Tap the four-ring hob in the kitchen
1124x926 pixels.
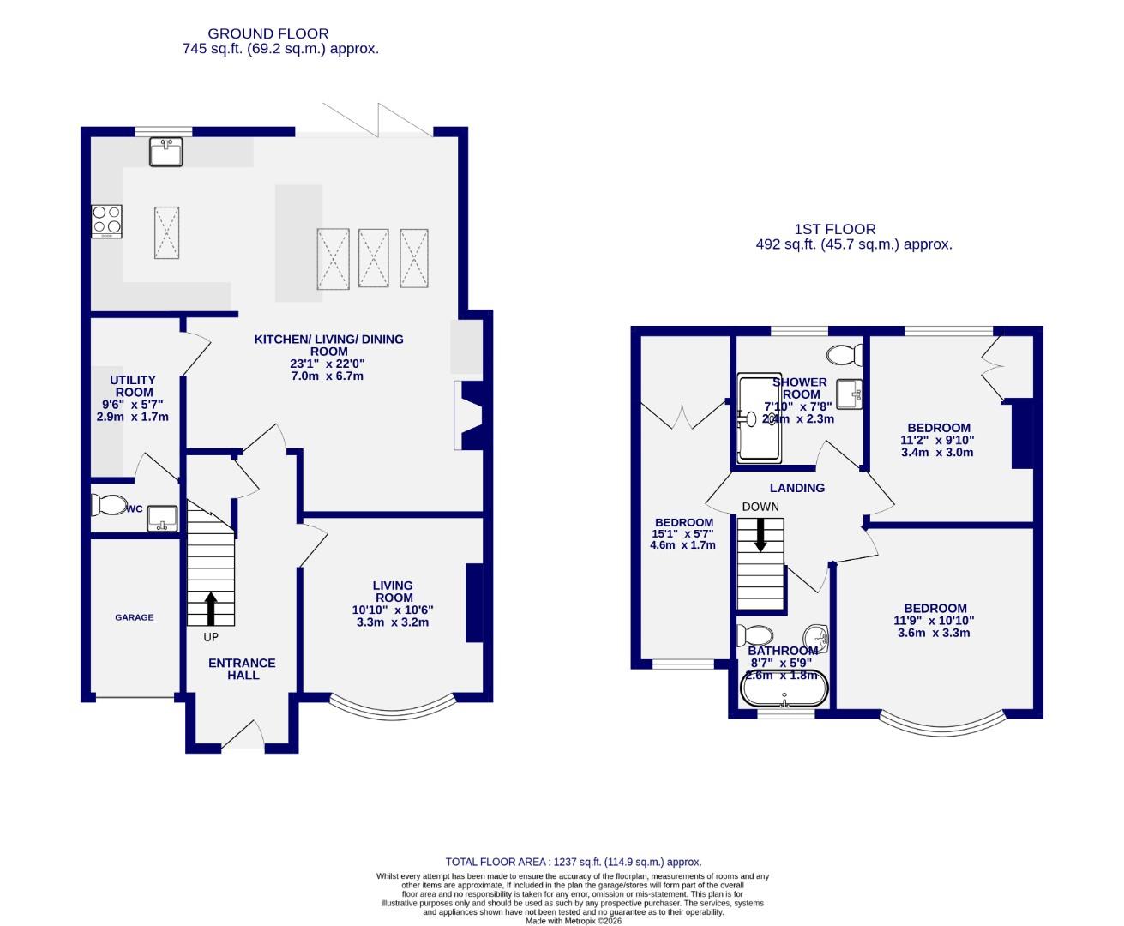[107, 221]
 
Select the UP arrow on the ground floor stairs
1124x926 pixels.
[210, 608]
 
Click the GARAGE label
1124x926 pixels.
[135, 617]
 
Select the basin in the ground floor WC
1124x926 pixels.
[161, 518]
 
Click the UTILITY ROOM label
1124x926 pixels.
[133, 386]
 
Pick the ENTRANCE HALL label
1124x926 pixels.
[243, 669]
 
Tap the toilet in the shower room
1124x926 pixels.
[847, 353]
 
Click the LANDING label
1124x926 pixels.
[797, 488]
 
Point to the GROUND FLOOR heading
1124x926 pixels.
[279, 34]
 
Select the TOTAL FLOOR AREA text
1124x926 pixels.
[574, 862]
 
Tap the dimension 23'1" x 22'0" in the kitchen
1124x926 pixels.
[328, 364]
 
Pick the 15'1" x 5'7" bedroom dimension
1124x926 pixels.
[683, 533]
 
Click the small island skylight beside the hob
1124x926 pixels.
[166, 231]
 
